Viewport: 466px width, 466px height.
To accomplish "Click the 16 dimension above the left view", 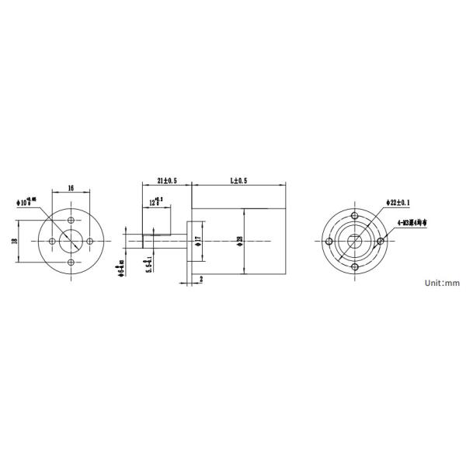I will click(x=71, y=189).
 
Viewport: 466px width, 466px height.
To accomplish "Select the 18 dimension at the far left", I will click(x=15, y=242).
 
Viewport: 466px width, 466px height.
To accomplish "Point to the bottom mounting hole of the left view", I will click(x=71, y=262).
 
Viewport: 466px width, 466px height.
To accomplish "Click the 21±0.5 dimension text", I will click(x=166, y=180).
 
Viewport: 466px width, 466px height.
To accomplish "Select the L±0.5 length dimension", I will click(x=238, y=180).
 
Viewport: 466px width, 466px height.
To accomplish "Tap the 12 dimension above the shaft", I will click(x=155, y=203).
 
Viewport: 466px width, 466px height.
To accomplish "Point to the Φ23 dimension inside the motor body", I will click(x=240, y=242).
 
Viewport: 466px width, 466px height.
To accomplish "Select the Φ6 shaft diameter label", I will click(x=122, y=271).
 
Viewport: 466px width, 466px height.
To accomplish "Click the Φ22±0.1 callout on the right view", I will click(x=398, y=203).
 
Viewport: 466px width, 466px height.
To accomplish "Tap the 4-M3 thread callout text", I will click(x=412, y=223).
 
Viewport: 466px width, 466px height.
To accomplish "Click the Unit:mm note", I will click(x=442, y=283).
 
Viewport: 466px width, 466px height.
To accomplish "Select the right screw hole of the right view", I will click(x=381, y=242).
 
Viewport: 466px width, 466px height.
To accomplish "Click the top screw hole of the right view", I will click(x=354, y=215).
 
